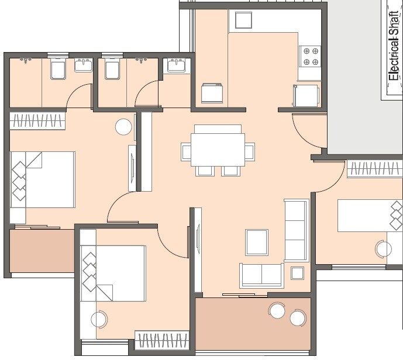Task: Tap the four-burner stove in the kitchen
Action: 310,56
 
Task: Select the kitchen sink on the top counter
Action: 243,20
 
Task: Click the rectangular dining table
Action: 218,150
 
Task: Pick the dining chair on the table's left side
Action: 186,152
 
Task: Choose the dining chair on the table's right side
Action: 250,152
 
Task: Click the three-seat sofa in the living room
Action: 296,230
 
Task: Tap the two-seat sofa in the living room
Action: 261,275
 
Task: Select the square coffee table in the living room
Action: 257,242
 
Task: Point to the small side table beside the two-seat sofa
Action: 297,273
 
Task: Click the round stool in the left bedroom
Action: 123,127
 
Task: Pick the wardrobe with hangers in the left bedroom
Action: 37,121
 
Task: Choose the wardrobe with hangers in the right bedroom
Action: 374,169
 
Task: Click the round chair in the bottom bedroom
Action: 99,320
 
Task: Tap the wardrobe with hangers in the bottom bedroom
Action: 162,340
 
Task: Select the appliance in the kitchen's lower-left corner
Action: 212,94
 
